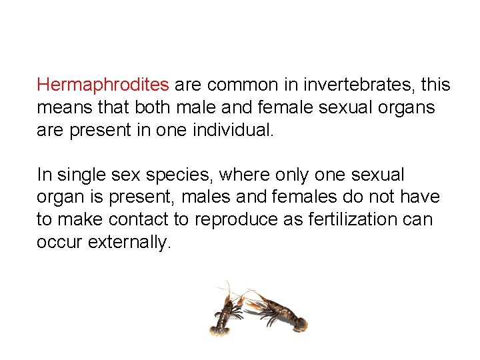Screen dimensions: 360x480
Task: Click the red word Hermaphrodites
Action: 103,85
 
